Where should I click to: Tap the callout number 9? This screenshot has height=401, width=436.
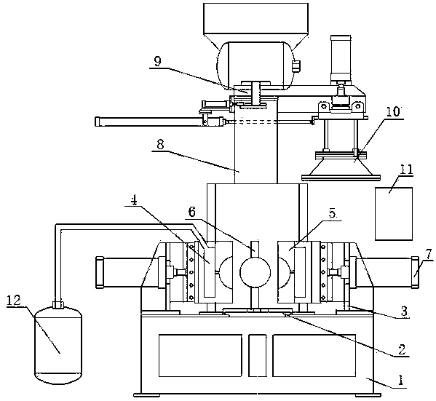point(158,62)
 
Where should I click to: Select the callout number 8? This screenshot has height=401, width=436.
point(160,144)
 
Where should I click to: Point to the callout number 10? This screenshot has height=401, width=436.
point(392,111)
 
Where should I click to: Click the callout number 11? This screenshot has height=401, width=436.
point(406,169)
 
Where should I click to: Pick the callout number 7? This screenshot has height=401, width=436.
point(429,254)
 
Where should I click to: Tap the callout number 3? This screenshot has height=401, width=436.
point(404,311)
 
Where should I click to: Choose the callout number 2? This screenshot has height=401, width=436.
point(402,349)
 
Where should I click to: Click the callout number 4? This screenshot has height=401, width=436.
point(135,201)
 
